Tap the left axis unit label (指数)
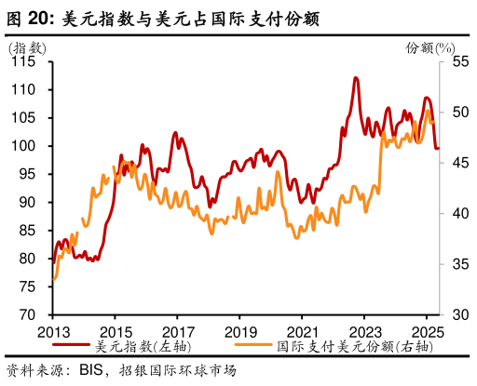[x=27, y=47]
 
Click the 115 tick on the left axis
[x=24, y=61]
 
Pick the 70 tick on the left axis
[x=28, y=314]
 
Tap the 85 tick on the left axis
[x=28, y=230]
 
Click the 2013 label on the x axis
[x=52, y=331]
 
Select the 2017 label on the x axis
[x=177, y=331]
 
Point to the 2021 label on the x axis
[x=302, y=331]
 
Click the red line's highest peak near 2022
[x=356, y=78]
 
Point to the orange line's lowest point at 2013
[x=54, y=278]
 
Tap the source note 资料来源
[x=38, y=369]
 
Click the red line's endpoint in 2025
[x=439, y=147]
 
